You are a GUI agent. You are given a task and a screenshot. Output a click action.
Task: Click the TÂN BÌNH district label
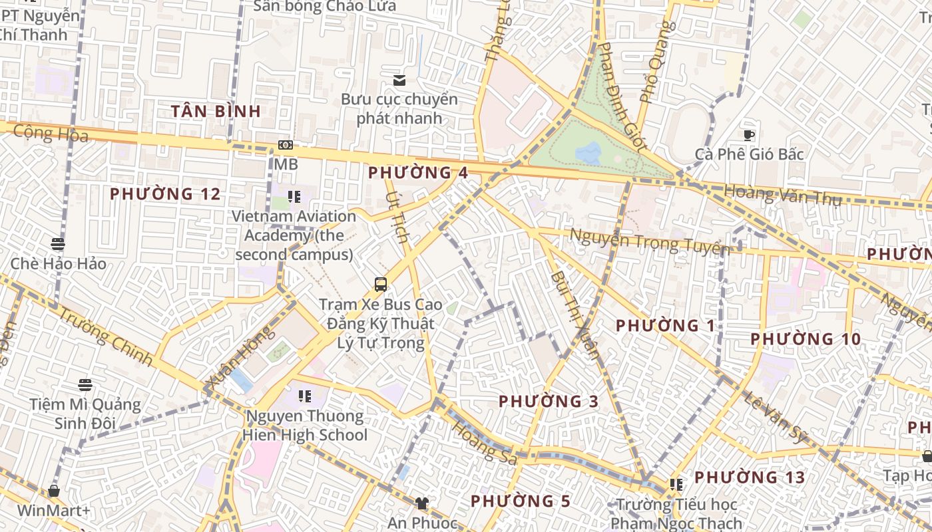click(216, 111)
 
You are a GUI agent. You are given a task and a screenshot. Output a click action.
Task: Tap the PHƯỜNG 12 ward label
click(165, 194)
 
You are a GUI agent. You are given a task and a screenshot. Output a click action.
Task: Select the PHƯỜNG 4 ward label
click(418, 173)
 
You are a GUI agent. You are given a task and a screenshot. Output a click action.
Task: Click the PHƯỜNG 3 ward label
click(549, 402)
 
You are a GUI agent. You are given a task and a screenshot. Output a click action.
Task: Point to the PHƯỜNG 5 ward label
click(521, 501)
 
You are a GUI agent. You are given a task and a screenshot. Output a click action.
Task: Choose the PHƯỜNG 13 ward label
click(750, 477)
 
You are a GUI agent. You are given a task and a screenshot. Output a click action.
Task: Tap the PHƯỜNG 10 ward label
click(806, 339)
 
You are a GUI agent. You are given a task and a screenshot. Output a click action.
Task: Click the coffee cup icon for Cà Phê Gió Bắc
click(749, 136)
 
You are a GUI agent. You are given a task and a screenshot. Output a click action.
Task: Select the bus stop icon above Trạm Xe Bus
click(381, 285)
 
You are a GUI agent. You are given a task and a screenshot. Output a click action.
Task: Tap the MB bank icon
click(286, 145)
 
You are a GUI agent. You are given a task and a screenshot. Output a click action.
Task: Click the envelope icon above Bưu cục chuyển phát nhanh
click(399, 80)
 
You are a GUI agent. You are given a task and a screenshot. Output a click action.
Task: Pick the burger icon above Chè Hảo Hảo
click(58, 244)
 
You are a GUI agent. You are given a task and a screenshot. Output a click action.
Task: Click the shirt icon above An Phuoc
click(421, 503)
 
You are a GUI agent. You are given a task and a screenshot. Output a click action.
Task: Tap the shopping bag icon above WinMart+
click(54, 491)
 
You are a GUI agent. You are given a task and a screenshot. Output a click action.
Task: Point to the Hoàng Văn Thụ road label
click(782, 196)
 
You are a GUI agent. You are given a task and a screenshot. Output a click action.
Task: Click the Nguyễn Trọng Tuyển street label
click(649, 242)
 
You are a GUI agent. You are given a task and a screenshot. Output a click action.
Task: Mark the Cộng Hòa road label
click(51, 133)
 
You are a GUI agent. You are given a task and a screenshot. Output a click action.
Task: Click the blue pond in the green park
click(588, 154)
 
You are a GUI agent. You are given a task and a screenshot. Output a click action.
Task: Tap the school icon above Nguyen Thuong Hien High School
click(305, 397)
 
